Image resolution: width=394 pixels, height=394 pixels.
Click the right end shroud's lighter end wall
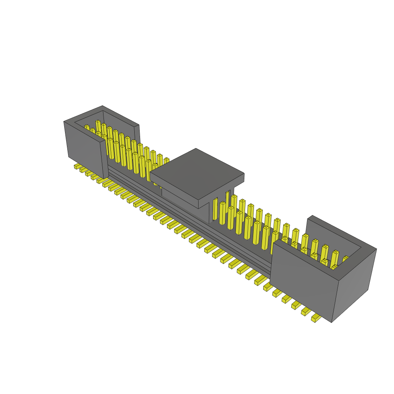[x=354, y=285]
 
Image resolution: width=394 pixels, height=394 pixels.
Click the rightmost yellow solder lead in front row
[x=316, y=318]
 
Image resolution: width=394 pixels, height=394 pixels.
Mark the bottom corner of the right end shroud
[x=332, y=322]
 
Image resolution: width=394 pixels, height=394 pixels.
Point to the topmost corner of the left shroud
[x=103, y=106]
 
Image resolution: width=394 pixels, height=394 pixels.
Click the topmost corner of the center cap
[x=196, y=149]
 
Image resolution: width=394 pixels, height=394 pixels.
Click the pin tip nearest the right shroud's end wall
[x=346, y=258]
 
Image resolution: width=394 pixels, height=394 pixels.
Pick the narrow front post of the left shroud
[x=104, y=160]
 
